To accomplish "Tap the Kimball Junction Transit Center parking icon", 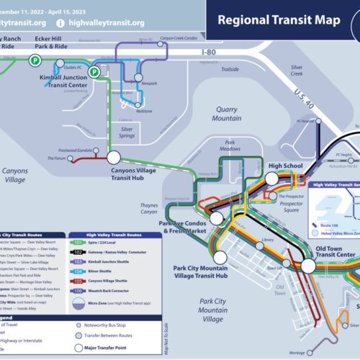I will click(x=94, y=72).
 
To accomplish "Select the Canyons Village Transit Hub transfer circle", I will click(x=114, y=156).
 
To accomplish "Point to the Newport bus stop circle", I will click(x=139, y=76).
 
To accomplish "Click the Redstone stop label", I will click(x=143, y=112).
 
